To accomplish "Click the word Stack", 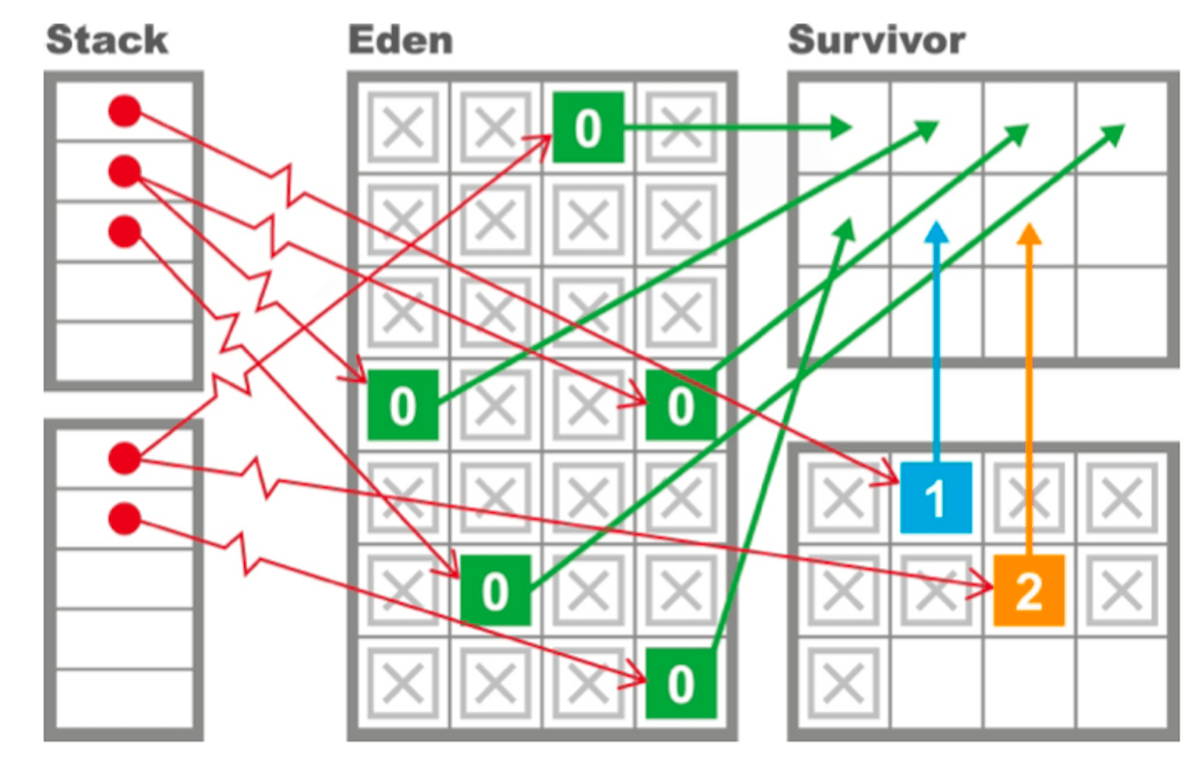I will tap(107, 41).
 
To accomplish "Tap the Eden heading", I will tap(400, 41).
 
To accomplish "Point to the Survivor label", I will tap(876, 41).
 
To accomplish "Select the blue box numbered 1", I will tap(936, 497).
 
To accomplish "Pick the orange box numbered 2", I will tap(1028, 590).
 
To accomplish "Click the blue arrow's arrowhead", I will tap(937, 231).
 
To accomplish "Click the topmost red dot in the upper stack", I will tap(125, 111).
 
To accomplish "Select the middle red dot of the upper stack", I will tap(125, 171).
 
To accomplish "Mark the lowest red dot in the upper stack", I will tap(125, 231).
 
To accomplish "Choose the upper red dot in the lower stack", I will tap(125, 458).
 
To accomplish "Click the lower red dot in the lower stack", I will tap(125, 518).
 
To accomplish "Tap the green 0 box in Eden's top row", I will tap(588, 127).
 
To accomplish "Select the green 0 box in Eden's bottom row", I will tap(681, 683).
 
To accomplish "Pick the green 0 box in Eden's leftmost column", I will tap(403, 405).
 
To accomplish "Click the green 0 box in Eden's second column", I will tap(495, 590).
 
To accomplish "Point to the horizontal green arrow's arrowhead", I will tap(842, 127).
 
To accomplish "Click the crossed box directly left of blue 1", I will tap(843, 497).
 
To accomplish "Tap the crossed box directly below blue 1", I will tap(936, 590).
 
